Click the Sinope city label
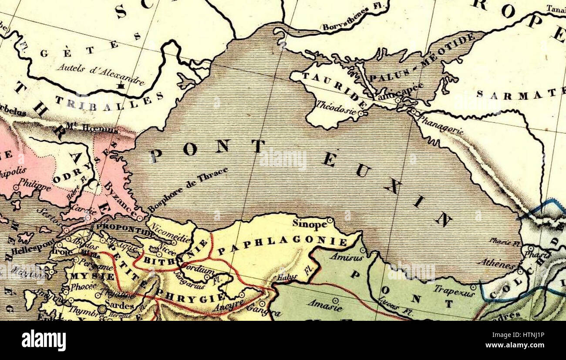(309, 224)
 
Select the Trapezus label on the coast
(454, 291)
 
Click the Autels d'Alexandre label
(100, 74)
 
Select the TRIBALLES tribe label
(109, 102)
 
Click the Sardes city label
(119, 306)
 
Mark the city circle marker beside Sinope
(330, 221)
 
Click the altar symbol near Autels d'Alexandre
(121, 86)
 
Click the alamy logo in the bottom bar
(44, 340)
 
